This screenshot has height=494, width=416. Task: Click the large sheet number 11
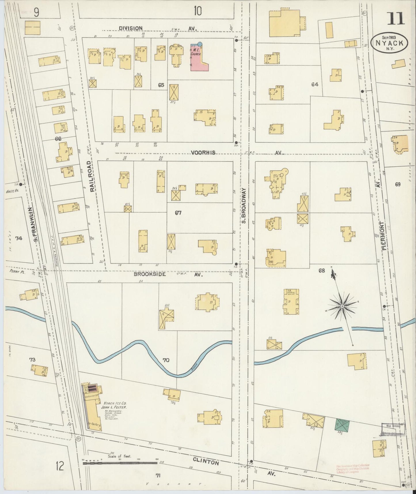pyautogui.click(x=396, y=18)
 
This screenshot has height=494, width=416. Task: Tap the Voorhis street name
pyautogui.click(x=203, y=153)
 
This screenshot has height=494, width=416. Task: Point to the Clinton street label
pyautogui.click(x=206, y=462)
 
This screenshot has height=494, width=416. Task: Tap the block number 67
pyautogui.click(x=178, y=213)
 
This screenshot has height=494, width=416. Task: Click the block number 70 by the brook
pyautogui.click(x=166, y=360)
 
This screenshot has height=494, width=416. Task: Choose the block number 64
pyautogui.click(x=314, y=84)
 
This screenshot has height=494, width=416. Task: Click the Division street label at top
pyautogui.click(x=131, y=28)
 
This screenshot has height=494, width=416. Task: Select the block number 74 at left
pyautogui.click(x=19, y=238)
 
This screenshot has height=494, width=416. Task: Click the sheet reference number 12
pyautogui.click(x=60, y=466)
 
